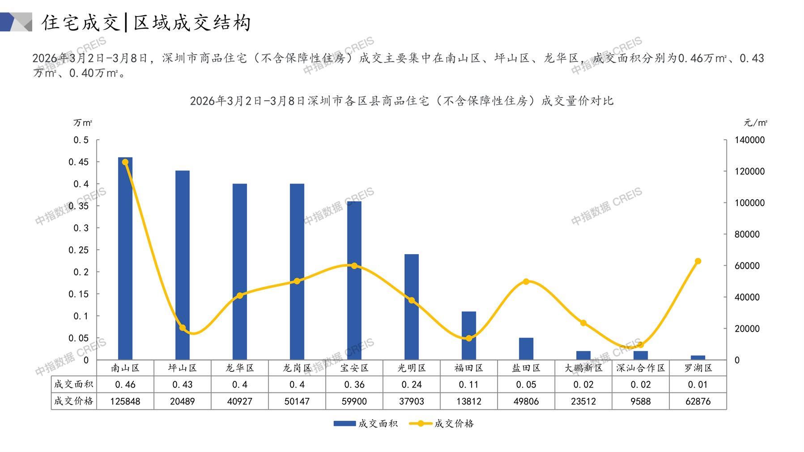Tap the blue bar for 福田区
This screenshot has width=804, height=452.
click(469, 336)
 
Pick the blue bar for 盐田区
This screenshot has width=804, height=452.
click(526, 349)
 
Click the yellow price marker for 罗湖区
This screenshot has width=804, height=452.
click(698, 261)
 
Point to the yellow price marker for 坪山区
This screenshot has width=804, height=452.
click(183, 328)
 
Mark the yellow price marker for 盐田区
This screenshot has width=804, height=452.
click(526, 281)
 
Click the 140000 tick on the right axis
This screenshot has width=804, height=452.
click(749, 140)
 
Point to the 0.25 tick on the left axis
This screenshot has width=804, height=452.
click(78, 250)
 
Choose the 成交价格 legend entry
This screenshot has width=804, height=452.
click(442, 423)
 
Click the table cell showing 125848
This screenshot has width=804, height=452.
click(125, 401)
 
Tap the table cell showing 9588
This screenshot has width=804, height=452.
click(641, 401)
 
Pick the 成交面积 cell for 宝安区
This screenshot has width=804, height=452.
click(354, 384)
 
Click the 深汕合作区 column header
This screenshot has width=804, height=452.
click(641, 368)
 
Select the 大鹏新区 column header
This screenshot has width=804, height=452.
click(583, 368)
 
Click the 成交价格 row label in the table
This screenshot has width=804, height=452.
click(74, 401)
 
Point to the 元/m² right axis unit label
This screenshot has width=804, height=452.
click(756, 123)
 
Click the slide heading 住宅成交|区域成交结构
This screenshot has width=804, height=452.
click(147, 23)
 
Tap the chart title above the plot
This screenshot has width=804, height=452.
click(401, 101)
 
